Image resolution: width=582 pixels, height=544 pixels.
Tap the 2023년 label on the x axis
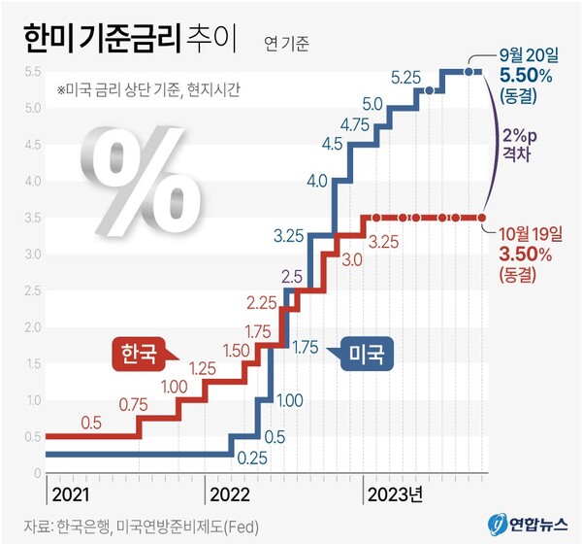tap(394, 493)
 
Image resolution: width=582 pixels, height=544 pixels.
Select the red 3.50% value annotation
tap(526, 255)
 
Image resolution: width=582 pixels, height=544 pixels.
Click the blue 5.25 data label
tap(406, 76)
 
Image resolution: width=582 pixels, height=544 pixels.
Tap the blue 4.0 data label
tap(316, 181)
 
